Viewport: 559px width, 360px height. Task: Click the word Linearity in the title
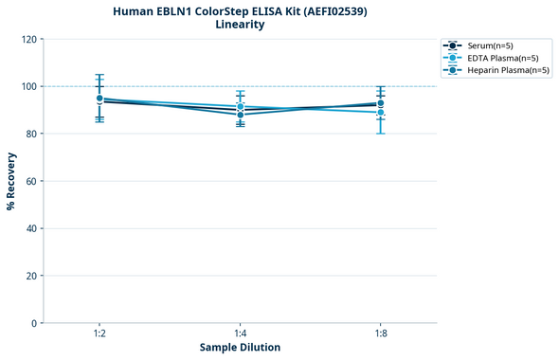tap(240, 25)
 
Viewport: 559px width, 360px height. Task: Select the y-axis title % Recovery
tap(11, 181)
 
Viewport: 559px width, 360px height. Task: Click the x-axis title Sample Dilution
tap(240, 348)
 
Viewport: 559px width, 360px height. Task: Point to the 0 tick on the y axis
tap(34, 323)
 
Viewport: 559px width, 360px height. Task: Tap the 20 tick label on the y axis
tap(31, 276)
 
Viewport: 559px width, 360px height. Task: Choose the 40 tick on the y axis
tap(31, 228)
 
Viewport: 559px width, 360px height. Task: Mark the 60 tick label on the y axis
tap(31, 181)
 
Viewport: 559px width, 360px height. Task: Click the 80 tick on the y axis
tap(31, 134)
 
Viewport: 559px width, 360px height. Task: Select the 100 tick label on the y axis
tap(28, 86)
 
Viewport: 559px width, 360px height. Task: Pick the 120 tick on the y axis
tap(28, 39)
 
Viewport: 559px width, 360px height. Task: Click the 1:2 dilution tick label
tap(99, 333)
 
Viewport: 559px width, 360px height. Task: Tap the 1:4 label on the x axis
tap(240, 333)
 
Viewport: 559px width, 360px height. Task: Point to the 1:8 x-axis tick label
tap(380, 333)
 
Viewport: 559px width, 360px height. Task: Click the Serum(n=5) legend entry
tap(490, 45)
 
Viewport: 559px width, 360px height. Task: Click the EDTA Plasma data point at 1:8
tap(380, 113)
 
